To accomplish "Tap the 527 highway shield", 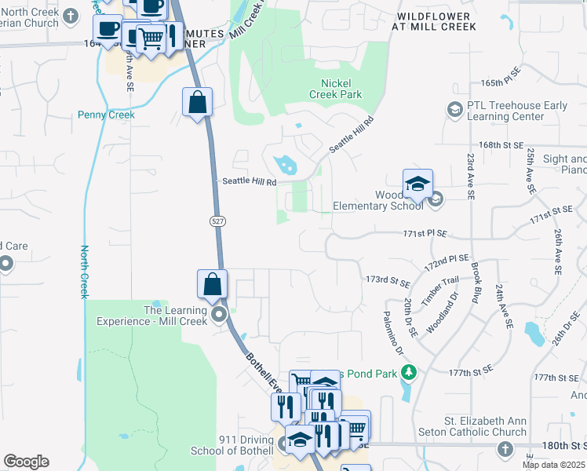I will [x=217, y=222].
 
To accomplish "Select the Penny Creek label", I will [x=106, y=115].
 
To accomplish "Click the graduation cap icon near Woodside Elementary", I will [x=417, y=184].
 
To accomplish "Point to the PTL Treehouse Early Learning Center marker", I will [x=454, y=110].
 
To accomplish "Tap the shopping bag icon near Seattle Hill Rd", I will [x=197, y=102].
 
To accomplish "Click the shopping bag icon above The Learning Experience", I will [x=212, y=284].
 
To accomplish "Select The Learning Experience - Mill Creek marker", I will [x=218, y=315].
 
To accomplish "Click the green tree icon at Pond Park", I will [x=408, y=371].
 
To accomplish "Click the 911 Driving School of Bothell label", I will [x=236, y=445].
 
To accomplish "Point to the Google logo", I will [x=26, y=462].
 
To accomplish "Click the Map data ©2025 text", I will [x=553, y=465].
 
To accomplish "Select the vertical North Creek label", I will [x=84, y=272].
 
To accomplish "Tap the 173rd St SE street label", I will [x=388, y=281].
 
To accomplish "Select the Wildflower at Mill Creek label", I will [x=436, y=21].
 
